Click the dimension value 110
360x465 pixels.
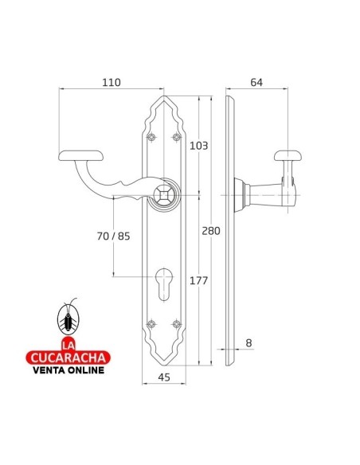tap(111, 82)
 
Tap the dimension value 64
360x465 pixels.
tap(256, 82)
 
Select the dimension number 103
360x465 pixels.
tap(199, 146)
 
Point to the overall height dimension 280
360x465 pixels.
tap(212, 231)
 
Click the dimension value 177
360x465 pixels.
tap(199, 280)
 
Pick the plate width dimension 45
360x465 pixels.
tap(164, 377)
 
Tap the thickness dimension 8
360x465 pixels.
tap(248, 343)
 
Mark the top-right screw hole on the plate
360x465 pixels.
tap(177, 139)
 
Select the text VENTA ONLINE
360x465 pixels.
tap(68, 369)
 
